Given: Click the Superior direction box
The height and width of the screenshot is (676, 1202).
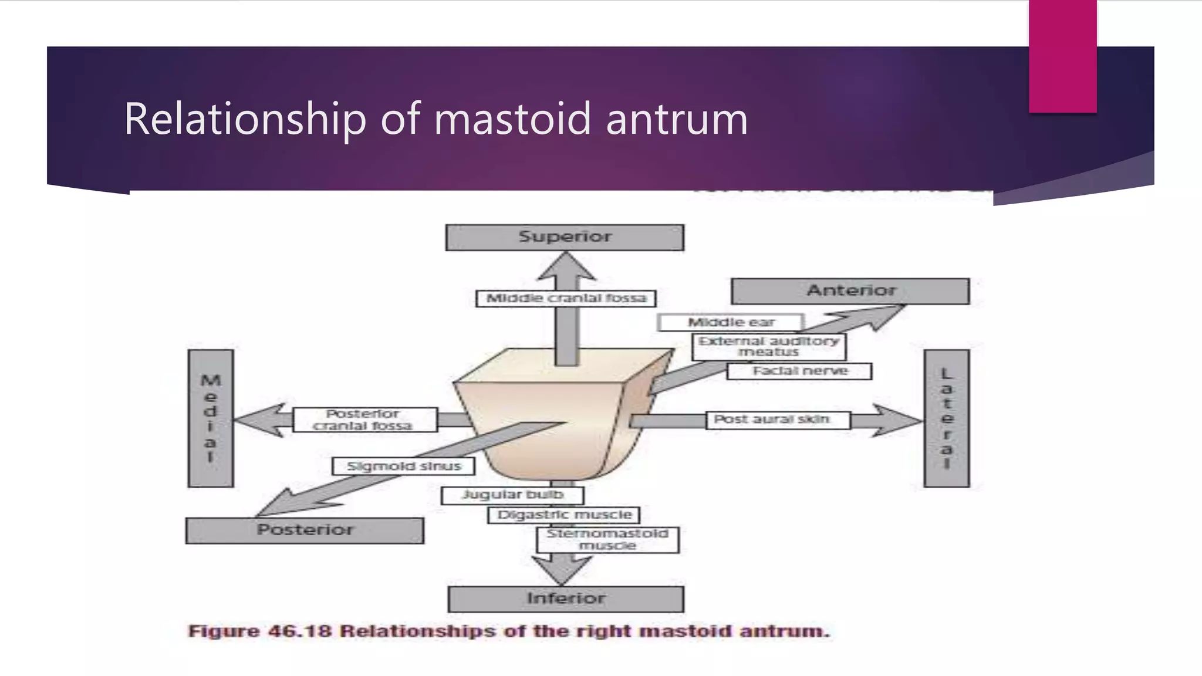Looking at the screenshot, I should coord(565,238).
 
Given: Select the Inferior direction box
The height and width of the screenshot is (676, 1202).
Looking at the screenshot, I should coord(566,599).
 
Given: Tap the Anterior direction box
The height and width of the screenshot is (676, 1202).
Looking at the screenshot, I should coord(850,291).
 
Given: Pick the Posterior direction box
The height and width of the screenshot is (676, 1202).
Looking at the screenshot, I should coord(305,530).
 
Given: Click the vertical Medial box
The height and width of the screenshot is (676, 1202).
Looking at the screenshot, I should coord(211,418).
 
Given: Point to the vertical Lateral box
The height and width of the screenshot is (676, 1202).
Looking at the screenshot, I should coord(946,418).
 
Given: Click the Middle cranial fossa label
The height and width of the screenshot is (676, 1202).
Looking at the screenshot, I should coord(566,299).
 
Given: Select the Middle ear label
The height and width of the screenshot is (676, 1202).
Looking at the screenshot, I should coord(731,323).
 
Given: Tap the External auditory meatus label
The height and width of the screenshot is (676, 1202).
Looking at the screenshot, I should coord(769,347).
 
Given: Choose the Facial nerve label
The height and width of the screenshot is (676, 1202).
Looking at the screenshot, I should coord(799,371).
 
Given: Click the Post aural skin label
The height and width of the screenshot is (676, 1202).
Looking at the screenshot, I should coord(777,420).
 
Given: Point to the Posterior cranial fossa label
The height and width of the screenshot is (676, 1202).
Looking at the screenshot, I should coord(364,420).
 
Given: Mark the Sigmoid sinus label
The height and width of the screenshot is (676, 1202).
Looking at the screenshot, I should coord(403,467).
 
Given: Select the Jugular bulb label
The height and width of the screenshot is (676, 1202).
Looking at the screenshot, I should coord(512,495).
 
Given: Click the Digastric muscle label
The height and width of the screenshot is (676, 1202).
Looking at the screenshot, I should coord(563,515).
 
